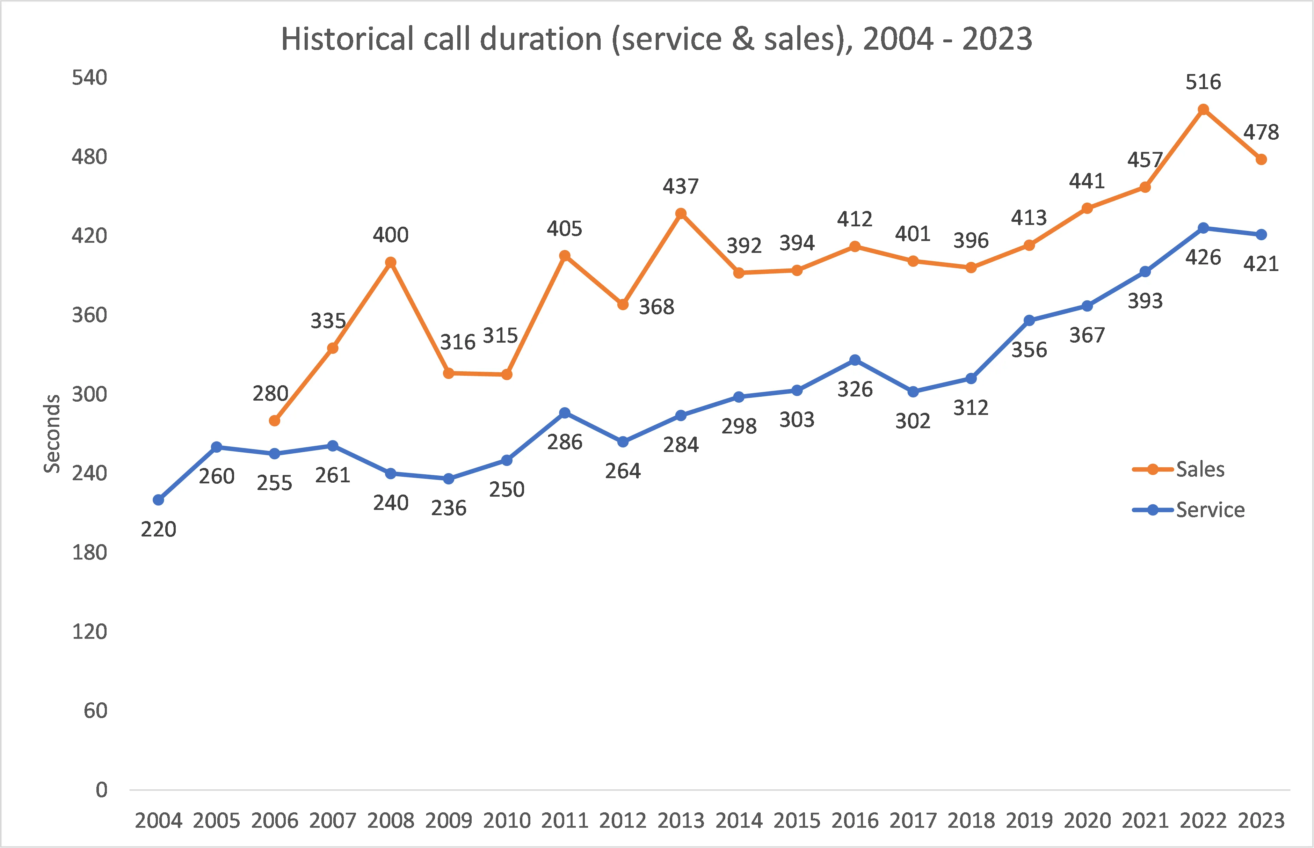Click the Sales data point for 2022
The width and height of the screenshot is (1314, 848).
(1203, 110)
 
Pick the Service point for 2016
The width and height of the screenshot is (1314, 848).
(855, 360)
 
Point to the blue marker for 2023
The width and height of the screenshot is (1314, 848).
(1261, 235)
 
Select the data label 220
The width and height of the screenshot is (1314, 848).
(159, 529)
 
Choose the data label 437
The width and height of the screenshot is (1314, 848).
(681, 187)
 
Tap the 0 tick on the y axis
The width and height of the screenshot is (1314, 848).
(101, 790)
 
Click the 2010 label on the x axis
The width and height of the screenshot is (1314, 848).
(507, 820)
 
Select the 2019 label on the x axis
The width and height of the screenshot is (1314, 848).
(1029, 820)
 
